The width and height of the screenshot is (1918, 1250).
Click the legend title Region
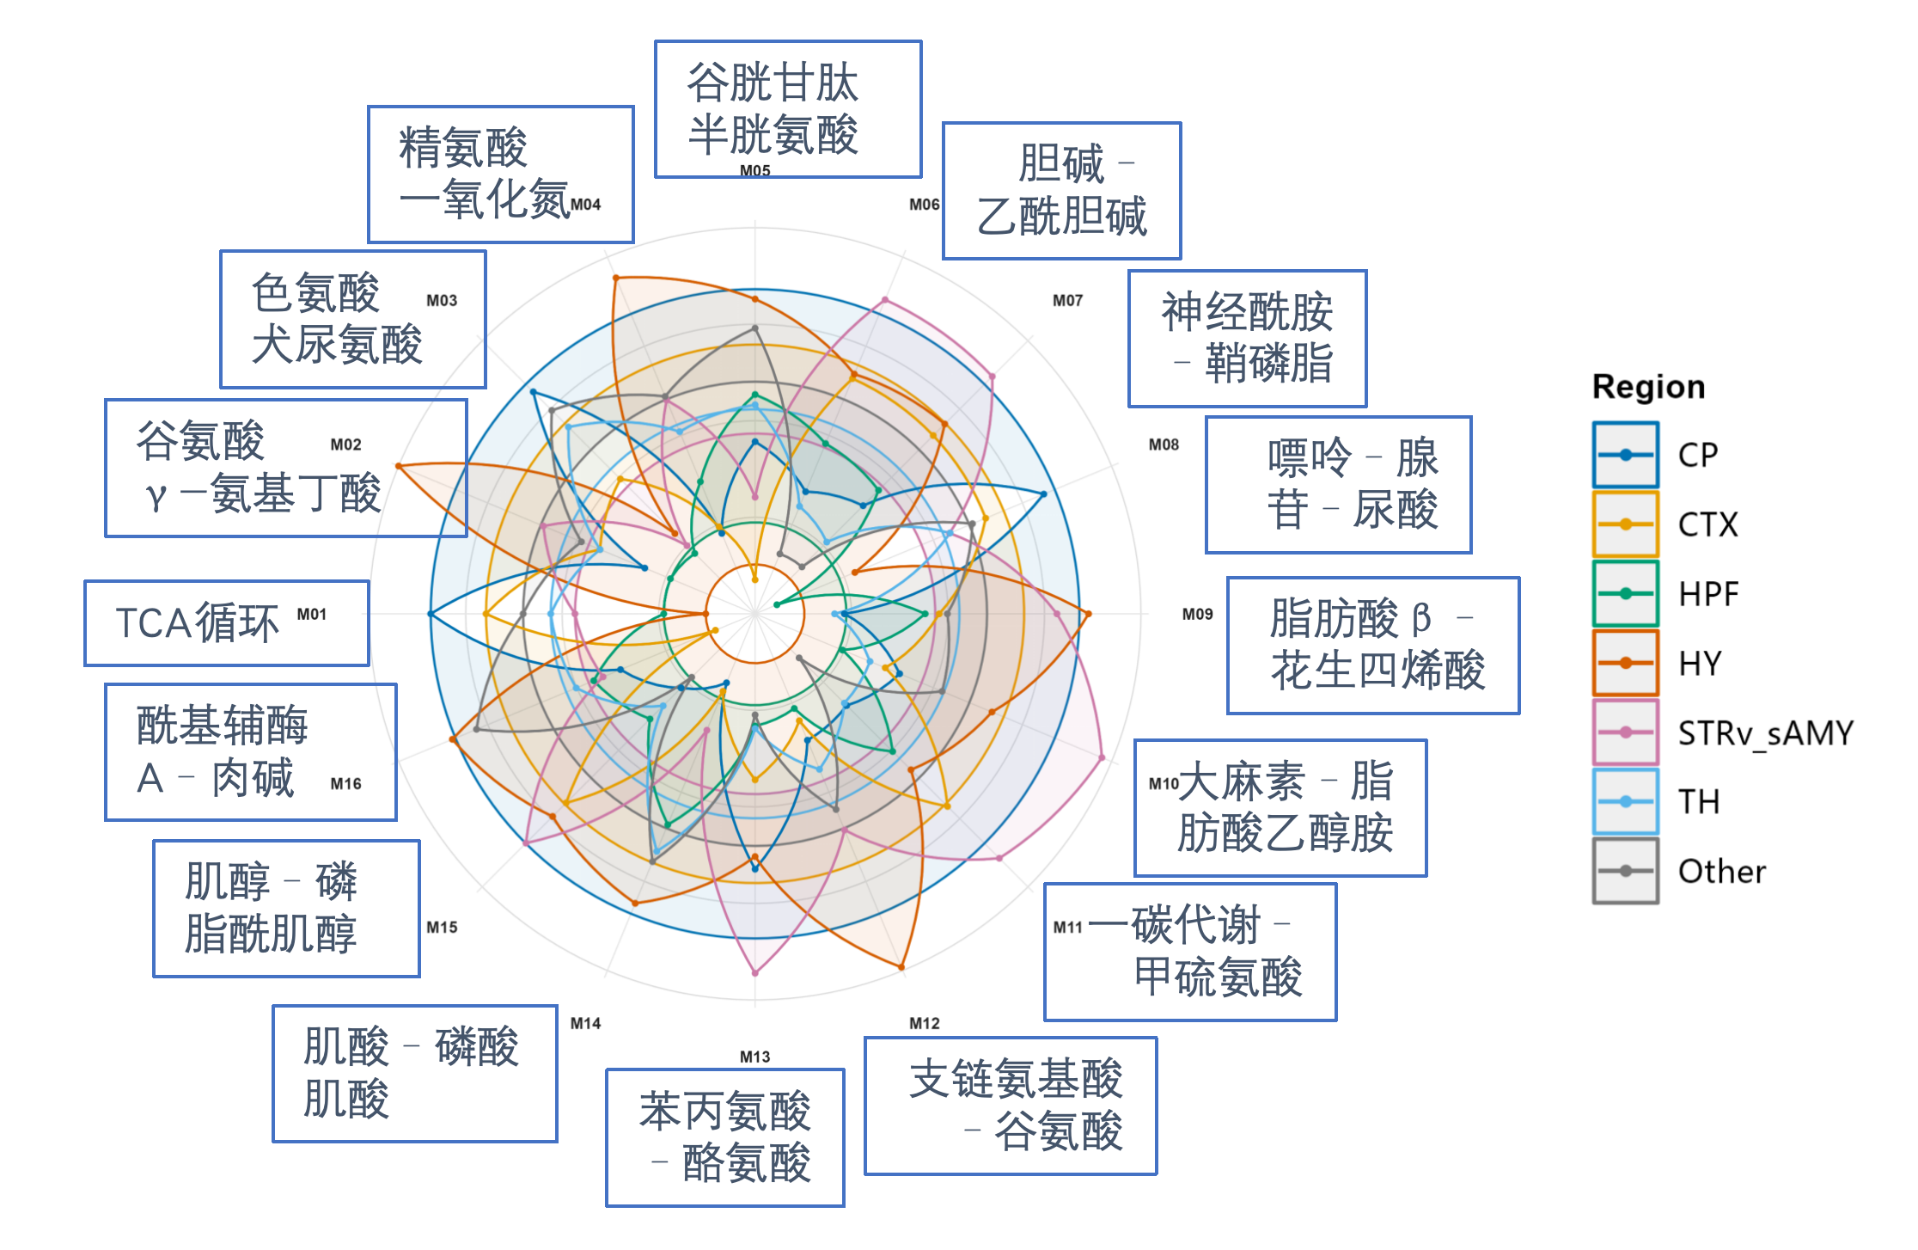(1648, 388)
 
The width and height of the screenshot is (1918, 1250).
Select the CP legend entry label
(1698, 456)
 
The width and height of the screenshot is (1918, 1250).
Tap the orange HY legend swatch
(1625, 663)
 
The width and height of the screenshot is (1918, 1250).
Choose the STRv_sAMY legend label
(1766, 733)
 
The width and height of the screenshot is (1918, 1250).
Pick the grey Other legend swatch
(1625, 871)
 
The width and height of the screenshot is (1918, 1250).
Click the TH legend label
(1699, 802)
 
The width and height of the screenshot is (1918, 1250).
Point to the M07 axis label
(1067, 300)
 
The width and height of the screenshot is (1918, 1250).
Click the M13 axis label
(754, 1057)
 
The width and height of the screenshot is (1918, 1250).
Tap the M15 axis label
(442, 927)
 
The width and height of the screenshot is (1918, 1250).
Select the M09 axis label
(1197, 614)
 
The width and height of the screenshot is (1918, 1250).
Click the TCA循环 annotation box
(227, 623)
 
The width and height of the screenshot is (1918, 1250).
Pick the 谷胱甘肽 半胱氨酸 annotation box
(788, 109)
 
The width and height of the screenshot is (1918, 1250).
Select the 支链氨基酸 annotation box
(1011, 1106)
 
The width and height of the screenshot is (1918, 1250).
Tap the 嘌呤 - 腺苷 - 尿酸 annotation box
(1339, 485)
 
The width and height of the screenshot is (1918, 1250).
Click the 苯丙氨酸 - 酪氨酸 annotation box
(725, 1137)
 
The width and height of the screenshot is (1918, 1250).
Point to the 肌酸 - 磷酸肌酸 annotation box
(415, 1074)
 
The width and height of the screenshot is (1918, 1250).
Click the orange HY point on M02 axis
(399, 466)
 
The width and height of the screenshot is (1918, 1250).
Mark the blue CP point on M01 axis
(431, 614)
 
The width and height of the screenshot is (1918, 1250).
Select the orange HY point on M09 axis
(1088, 614)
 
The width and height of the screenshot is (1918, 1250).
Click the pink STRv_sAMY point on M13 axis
(755, 972)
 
